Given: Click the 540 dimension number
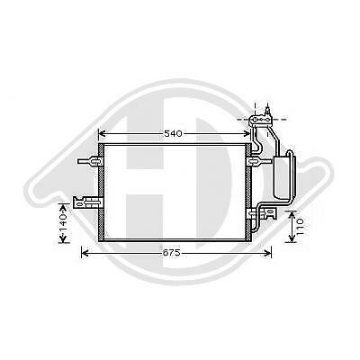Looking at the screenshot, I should coord(173,133).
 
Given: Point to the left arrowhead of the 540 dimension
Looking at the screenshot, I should coord(101,133).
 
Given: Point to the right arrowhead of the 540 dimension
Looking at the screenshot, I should coord(248,133).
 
